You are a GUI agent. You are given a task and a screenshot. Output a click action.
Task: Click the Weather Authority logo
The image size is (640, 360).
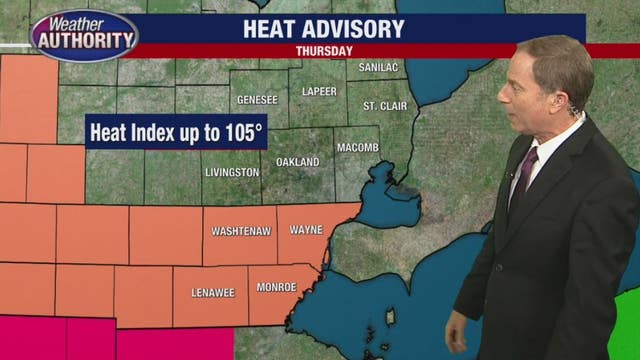tap(84, 36)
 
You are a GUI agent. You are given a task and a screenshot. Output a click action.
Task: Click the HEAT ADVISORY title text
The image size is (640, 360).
tap(323, 28)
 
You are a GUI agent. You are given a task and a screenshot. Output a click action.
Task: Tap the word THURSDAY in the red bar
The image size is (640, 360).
tap(324, 50)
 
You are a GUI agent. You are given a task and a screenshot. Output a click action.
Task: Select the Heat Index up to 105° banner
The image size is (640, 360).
tap(176, 132)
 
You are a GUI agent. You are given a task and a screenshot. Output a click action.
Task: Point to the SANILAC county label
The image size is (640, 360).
tap(379, 67)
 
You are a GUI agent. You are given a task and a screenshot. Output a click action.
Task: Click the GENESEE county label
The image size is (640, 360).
tap(257, 100)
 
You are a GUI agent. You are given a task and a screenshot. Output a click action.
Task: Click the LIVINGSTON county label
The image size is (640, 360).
tap(232, 172)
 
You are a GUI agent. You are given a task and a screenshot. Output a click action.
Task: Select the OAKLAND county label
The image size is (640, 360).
tap(297, 161)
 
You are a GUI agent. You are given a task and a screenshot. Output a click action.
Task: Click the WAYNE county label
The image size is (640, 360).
tap(306, 229)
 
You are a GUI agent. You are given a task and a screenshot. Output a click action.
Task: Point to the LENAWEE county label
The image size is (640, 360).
tap(210, 293)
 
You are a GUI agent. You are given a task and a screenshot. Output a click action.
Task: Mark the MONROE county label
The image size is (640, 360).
tap(276, 287)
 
